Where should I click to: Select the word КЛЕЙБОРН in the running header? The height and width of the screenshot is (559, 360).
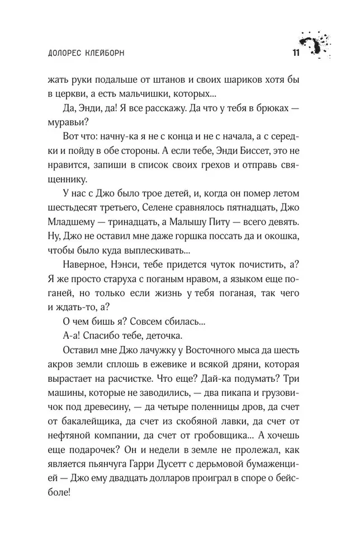click(107, 54)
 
